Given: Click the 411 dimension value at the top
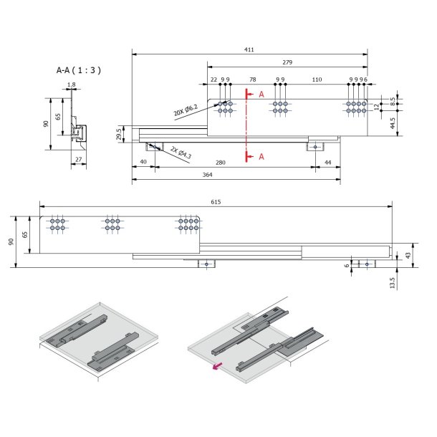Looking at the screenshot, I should pos(249,49).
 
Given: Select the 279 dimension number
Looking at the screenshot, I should pos(287,62).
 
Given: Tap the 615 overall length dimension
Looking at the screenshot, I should pos(216,202).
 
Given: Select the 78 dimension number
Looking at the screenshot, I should pos(252,80).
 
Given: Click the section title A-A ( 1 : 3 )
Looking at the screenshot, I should pos(79,70).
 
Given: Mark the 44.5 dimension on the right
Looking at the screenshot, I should pos(393,124).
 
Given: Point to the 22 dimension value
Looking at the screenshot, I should pos(213,80).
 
